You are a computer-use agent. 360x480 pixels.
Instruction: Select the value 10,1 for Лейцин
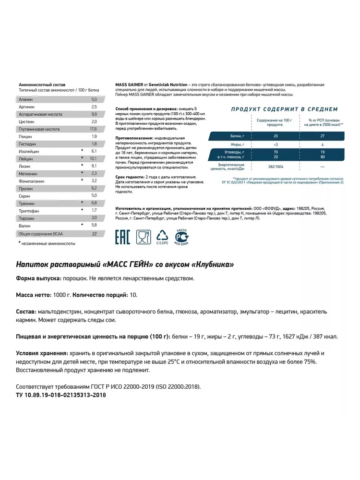pyautogui.click(x=94, y=158)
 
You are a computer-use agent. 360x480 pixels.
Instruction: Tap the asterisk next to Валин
pyautogui.click(x=82, y=224)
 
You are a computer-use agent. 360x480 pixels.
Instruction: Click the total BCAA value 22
pyautogui.click(x=94, y=233)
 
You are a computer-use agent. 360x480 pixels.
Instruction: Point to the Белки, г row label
pyautogui.click(x=237, y=137)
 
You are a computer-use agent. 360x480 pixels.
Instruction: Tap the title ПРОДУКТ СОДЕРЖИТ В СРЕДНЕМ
pyautogui.click(x=284, y=109)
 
